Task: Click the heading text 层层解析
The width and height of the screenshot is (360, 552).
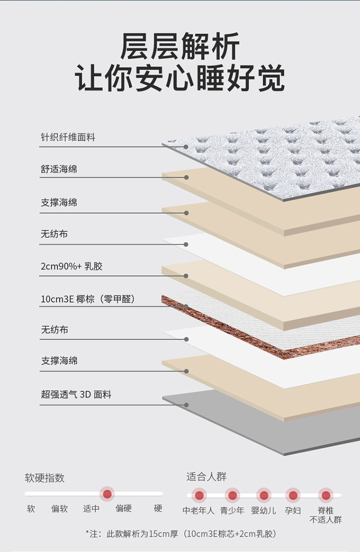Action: coord(180,47)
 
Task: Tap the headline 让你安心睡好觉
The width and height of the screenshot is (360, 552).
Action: coord(180,78)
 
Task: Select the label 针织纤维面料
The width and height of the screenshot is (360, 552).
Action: coord(68,137)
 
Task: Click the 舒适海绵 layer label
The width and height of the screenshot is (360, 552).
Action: coord(59,169)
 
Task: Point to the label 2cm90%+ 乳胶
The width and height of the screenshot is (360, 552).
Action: coord(72,266)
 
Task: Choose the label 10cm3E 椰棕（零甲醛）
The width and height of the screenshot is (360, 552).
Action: coord(88,299)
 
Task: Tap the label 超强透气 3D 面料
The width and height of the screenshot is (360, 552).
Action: coord(76,394)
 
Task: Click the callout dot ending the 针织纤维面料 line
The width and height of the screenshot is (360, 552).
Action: coord(186,147)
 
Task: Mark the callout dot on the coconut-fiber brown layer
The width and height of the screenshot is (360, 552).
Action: coord(186,307)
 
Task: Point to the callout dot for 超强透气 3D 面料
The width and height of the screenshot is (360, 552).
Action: coord(186,405)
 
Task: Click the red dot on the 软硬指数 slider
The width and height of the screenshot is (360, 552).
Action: coord(108,493)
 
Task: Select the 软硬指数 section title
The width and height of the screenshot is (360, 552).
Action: coord(45,478)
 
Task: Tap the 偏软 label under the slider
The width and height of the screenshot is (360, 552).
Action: coord(60,509)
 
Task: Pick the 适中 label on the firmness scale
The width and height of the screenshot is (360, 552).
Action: coord(91,509)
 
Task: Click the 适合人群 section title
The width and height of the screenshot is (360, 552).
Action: coord(206,477)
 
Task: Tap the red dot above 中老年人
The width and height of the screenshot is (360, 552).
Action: coord(199,495)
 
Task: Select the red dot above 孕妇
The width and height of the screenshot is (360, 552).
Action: coord(293,495)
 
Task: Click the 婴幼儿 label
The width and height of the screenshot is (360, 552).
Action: coord(264,511)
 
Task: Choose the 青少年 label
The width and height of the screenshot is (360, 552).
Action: coord(232,511)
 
